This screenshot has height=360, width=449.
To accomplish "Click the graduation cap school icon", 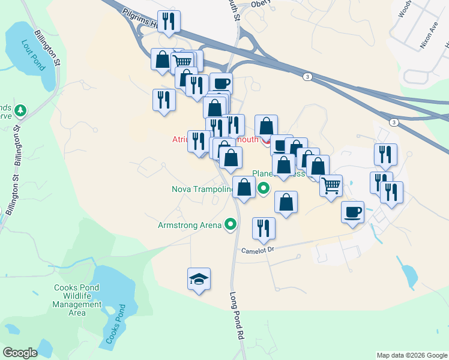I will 199,280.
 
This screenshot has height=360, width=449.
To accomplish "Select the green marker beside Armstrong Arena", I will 231,226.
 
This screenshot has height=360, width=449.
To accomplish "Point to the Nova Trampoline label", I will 202,190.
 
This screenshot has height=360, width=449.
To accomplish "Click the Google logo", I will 20,353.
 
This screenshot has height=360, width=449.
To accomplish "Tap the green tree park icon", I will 20,110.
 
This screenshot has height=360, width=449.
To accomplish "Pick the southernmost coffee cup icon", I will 352,212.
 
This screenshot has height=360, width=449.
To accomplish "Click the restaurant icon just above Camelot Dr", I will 263,228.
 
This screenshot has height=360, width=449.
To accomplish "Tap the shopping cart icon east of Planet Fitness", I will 331,185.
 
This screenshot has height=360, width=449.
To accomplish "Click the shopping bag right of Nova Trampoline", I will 244,187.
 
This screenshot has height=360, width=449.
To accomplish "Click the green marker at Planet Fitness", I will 263,189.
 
